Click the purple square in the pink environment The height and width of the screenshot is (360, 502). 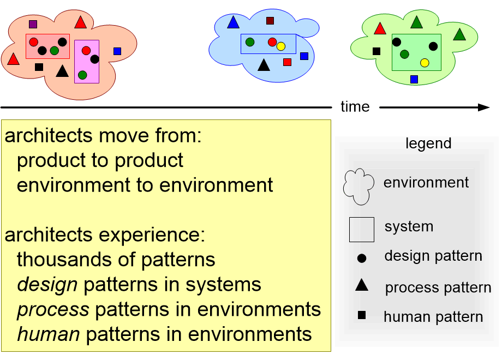pos(33,24)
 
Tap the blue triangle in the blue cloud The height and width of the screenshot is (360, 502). pos(233,23)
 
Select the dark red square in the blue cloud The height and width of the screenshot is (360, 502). pos(270,21)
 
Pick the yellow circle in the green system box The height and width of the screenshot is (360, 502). pos(425,63)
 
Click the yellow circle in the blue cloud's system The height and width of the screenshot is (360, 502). pos(281,46)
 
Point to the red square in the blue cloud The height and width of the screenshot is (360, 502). pos(288,62)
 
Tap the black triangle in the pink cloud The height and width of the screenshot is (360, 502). pos(62,71)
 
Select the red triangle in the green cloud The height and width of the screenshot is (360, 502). pos(380,28)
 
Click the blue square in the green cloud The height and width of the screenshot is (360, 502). pos(414,79)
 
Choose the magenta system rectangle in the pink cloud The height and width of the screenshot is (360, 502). pos(87,61)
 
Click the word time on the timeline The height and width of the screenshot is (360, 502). pos(355,107)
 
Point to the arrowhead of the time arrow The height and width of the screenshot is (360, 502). pos(485,107)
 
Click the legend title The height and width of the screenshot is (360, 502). pos(429,143)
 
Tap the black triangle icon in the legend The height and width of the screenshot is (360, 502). pos(361,285)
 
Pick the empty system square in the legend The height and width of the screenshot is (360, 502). pos(361,230)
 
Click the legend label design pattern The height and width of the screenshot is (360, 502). pos(433,256)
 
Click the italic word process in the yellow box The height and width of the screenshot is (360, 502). pos(53,309)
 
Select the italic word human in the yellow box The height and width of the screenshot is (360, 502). pos(49,334)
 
